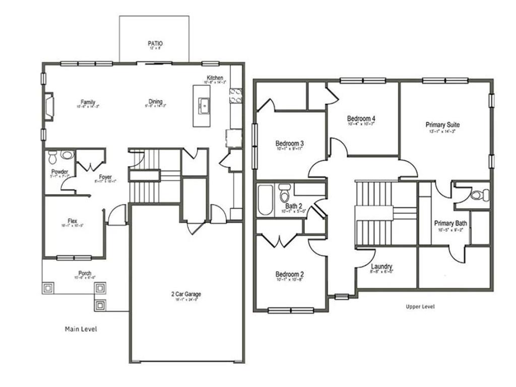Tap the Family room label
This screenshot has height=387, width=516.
click(x=88, y=102)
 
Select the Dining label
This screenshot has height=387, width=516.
click(x=156, y=102)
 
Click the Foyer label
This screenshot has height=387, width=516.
click(x=105, y=177)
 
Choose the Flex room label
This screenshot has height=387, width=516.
click(x=73, y=221)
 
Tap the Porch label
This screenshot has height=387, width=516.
click(x=85, y=273)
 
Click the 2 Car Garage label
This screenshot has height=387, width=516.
click(x=186, y=294)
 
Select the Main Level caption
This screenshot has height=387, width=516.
click(x=81, y=329)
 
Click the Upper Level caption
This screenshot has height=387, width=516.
click(x=420, y=306)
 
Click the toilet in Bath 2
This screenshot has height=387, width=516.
click(x=284, y=193)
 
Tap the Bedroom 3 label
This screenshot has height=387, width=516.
click(x=289, y=143)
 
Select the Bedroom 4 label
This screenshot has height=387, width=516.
click(x=361, y=119)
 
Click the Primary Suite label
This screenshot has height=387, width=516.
click(x=442, y=125)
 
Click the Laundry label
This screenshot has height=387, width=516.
click(x=381, y=267)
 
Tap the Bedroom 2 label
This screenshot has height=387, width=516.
click(x=289, y=275)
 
